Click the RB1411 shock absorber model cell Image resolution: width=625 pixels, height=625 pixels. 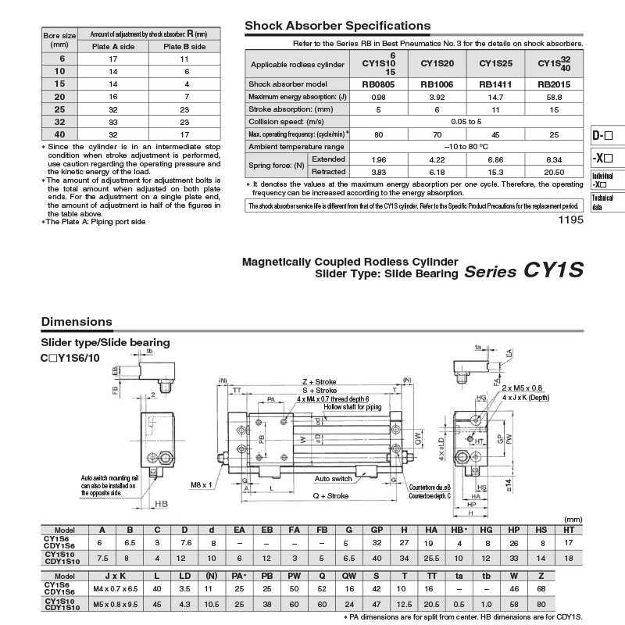click(x=494, y=84)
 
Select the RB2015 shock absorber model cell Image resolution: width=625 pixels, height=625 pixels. click(x=552, y=84)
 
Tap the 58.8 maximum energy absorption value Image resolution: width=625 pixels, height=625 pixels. click(x=552, y=96)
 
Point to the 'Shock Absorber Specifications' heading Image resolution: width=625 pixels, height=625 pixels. click(x=337, y=26)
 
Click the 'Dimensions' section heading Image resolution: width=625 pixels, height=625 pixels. click(x=77, y=322)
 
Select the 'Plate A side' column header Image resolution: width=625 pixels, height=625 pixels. click(x=112, y=46)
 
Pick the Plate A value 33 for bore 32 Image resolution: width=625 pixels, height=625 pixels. click(x=112, y=122)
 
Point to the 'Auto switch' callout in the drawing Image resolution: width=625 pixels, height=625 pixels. click(x=333, y=478)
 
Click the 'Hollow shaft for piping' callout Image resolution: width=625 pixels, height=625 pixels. click(x=352, y=407)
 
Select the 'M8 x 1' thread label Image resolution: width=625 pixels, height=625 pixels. click(x=202, y=484)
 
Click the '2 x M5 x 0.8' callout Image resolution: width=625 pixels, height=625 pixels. click(x=522, y=387)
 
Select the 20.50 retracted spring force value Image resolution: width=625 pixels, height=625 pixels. click(x=552, y=171)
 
